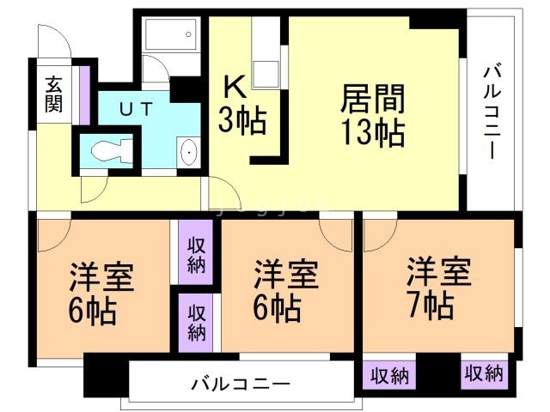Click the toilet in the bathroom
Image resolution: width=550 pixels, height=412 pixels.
click(110, 152)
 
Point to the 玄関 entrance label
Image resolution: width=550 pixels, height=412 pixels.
click(53, 95)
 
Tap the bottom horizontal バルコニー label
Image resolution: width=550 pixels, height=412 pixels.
click(241, 384)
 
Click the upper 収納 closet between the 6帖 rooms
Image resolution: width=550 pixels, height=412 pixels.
click(197, 253)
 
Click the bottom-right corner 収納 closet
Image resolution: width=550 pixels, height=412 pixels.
click(485, 373)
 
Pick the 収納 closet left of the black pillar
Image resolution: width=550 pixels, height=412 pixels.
click(389, 374)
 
